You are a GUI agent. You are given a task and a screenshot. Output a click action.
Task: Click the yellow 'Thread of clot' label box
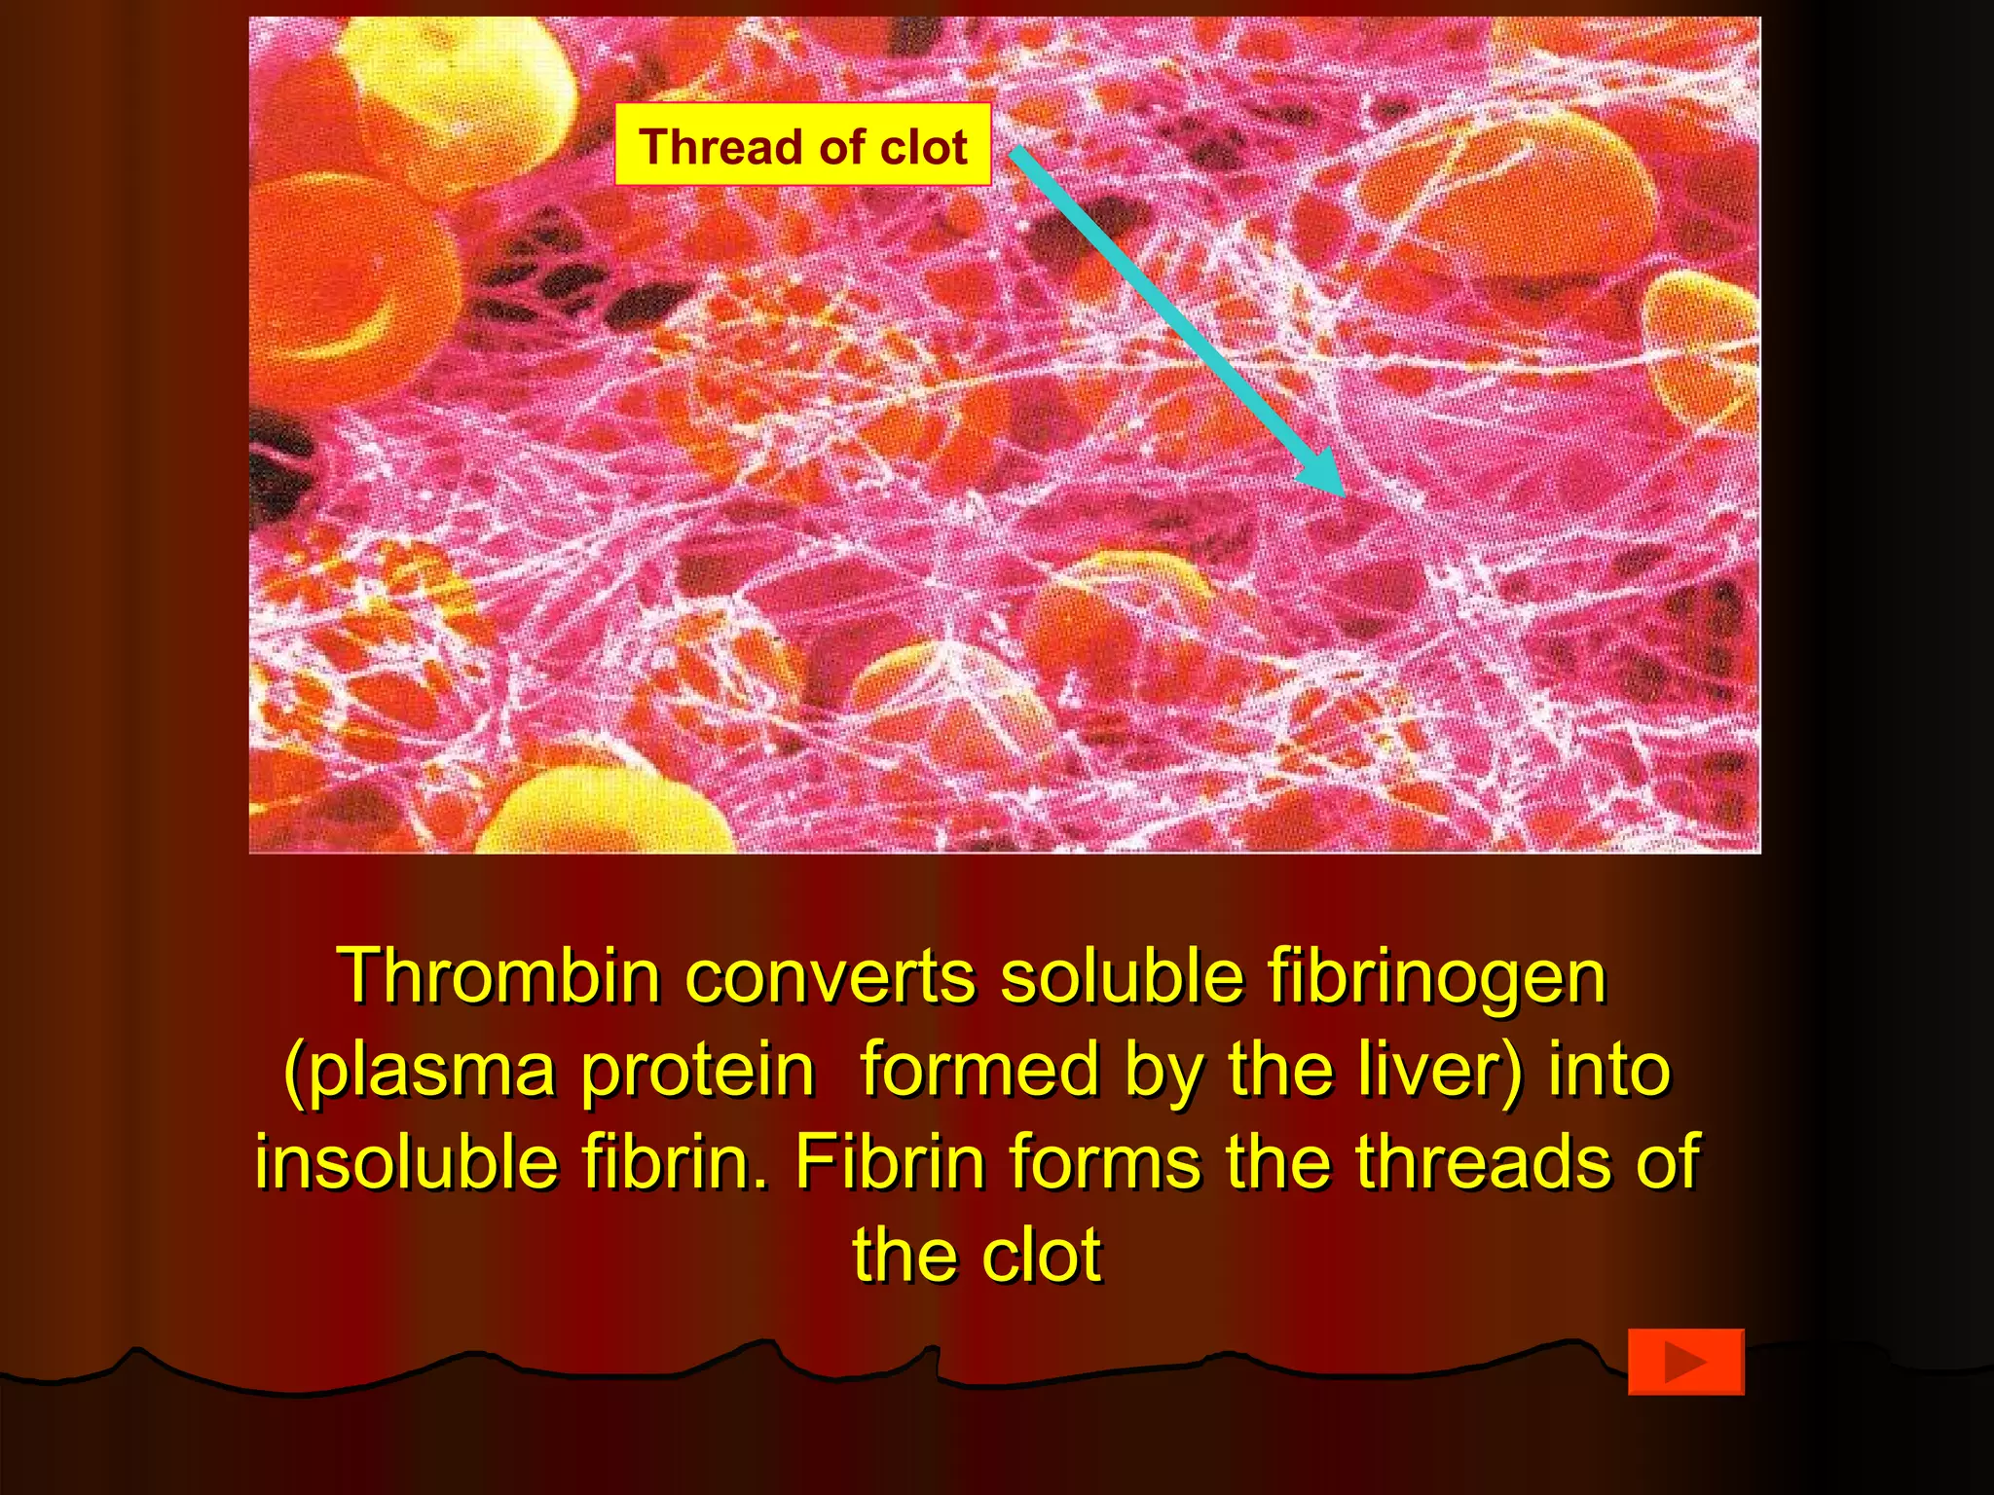click(802, 145)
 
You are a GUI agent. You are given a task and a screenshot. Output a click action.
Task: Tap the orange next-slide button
click(1685, 1361)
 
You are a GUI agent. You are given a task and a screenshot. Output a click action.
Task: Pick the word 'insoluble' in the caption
click(406, 1162)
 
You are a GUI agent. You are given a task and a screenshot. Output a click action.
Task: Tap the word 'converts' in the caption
click(830, 976)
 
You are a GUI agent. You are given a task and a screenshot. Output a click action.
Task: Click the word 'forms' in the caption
click(1105, 1162)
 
